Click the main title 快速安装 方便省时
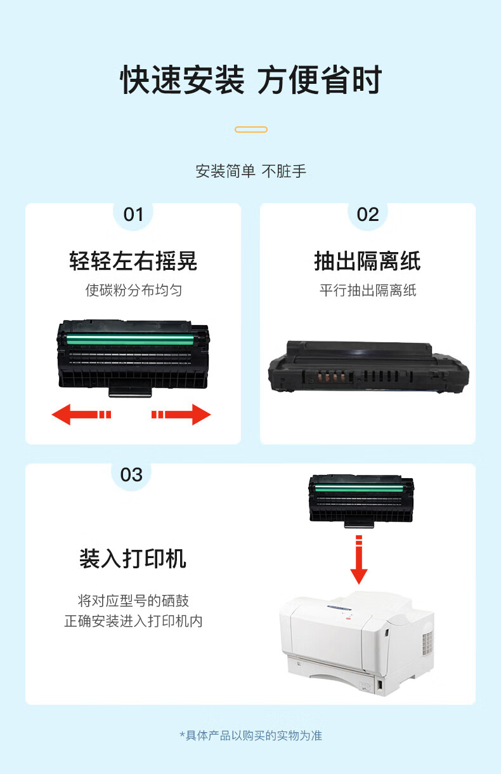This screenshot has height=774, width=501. coord(251,79)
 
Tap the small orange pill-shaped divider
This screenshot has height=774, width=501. coord(251,130)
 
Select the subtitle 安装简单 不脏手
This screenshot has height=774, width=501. coord(251,171)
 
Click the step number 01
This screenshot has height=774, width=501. coord(133,215)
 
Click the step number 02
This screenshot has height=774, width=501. coord(368,215)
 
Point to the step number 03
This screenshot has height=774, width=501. coord(131,475)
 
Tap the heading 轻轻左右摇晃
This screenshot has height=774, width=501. coord(133,261)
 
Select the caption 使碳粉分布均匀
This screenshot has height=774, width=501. coord(134,290)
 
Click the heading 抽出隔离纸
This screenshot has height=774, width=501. coord(367,261)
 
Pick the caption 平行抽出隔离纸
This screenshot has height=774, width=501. coord(368,290)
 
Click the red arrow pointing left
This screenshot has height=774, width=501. coord(81,414)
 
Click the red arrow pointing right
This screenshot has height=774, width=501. coord(181,414)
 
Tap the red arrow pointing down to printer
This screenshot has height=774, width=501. coord(359,559)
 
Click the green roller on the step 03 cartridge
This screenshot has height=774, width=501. coord(359,488)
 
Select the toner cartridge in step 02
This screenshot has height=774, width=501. coord(368,366)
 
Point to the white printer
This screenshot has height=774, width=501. coord(357,643)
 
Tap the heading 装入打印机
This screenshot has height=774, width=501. coord(133,558)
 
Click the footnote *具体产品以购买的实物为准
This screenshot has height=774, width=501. coord(251,735)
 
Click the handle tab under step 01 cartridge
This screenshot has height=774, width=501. coord(130,392)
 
